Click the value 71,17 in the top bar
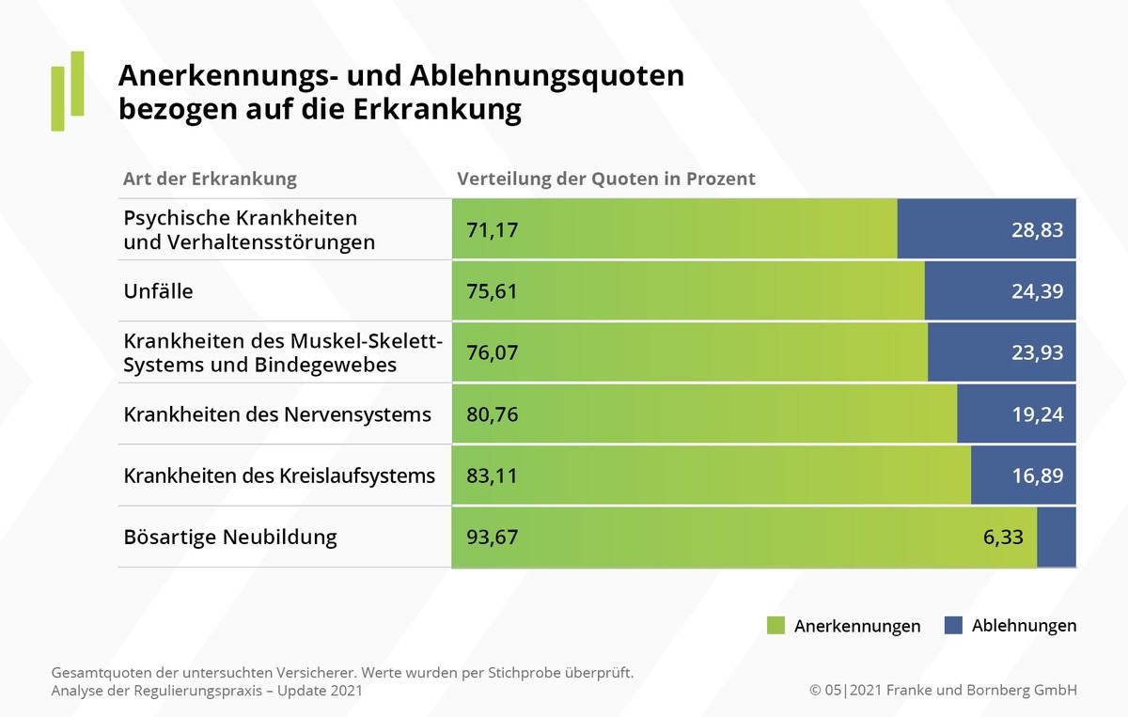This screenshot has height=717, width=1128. pyautogui.click(x=492, y=229)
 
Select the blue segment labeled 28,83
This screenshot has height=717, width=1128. pyautogui.click(x=986, y=229)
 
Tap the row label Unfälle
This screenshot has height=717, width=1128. pyautogui.click(x=158, y=291)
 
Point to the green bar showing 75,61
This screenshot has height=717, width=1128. pyautogui.click(x=686, y=291)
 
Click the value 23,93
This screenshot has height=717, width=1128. pyautogui.click(x=1037, y=352)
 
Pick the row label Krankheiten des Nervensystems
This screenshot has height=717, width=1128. pyautogui.click(x=277, y=414)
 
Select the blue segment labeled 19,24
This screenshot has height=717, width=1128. pyautogui.click(x=1016, y=414)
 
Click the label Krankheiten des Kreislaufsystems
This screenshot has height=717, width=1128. pyautogui.click(x=279, y=475)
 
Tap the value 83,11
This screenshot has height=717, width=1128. pyautogui.click(x=492, y=475)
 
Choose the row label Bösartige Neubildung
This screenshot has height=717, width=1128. pyautogui.click(x=230, y=538)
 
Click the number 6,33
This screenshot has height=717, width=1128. pyautogui.click(x=1002, y=538)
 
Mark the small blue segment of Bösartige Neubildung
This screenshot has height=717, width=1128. pyautogui.click(x=1057, y=538)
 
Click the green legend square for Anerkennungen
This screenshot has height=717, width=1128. pyautogui.click(x=775, y=625)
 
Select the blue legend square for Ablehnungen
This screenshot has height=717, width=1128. pyautogui.click(x=953, y=625)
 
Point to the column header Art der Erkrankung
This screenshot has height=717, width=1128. pyautogui.click(x=210, y=179)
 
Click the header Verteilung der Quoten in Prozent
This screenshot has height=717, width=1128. pyautogui.click(x=606, y=179)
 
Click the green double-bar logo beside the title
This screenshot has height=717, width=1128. pyautogui.click(x=67, y=90)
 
